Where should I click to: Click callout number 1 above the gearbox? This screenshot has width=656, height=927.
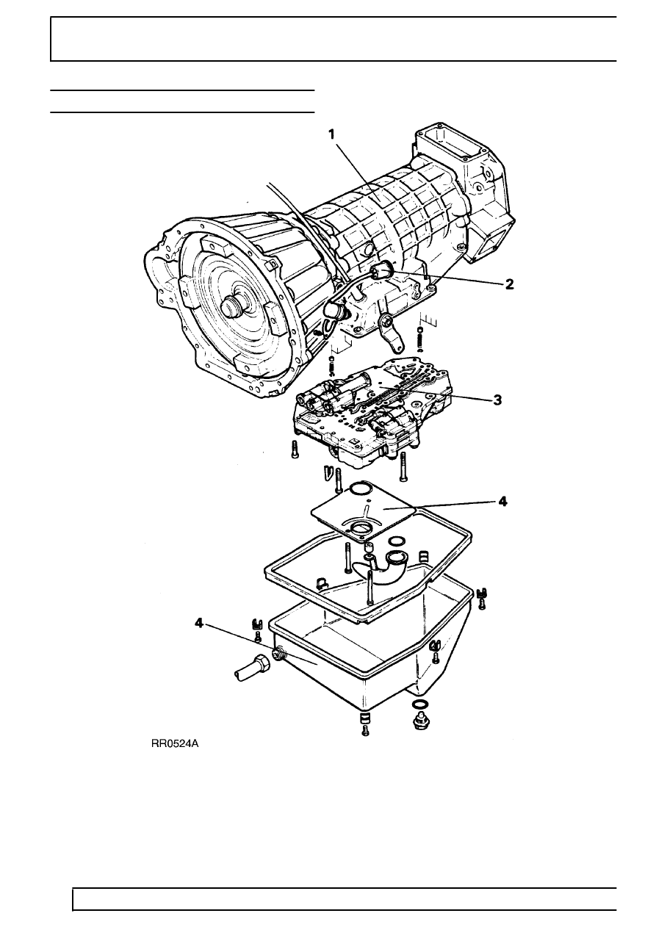pyautogui.click(x=332, y=134)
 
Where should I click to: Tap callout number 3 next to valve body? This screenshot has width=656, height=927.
pyautogui.click(x=497, y=400)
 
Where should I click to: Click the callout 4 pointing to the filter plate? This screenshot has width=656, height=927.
pyautogui.click(x=502, y=502)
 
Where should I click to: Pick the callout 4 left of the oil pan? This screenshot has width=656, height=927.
pyautogui.click(x=199, y=623)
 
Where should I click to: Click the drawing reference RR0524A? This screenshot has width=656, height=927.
pyautogui.click(x=175, y=744)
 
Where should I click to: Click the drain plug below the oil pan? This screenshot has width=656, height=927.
pyautogui.click(x=419, y=721)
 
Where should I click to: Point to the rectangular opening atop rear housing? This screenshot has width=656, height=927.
pyautogui.click(x=451, y=142)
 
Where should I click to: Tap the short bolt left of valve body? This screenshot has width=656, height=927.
pyautogui.click(x=295, y=450)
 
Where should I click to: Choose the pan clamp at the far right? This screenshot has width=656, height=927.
pyautogui.click(x=481, y=598)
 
